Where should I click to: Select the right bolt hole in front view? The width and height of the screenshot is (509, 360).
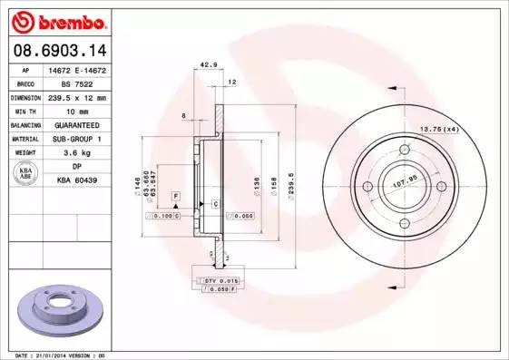tap(441, 186)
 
